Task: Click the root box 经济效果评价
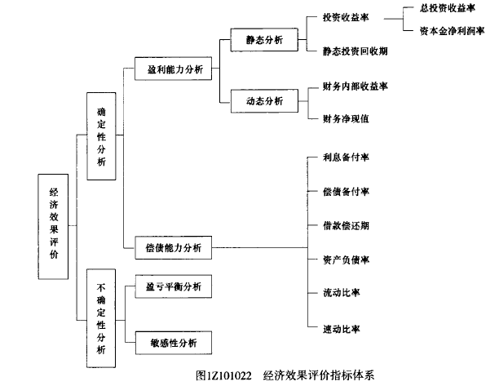click(x=54, y=227)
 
